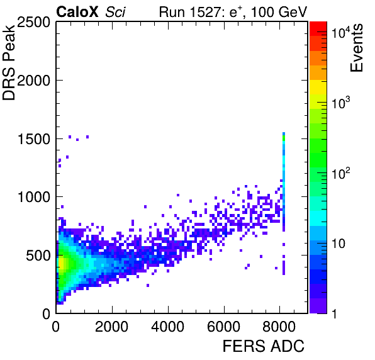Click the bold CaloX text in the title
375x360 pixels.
[77, 12]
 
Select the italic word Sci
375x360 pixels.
[115, 12]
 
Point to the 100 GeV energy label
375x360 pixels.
[279, 12]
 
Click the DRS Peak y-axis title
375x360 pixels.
[9, 62]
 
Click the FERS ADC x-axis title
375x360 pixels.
[264, 346]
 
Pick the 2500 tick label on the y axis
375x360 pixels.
[33, 23]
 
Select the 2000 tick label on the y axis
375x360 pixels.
[33, 81]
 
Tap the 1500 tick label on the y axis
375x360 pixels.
[34, 139]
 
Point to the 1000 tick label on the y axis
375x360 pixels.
[34, 198]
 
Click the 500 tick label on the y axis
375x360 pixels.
[38, 256]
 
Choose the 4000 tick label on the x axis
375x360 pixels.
[168, 327]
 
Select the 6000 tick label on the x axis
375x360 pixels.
[224, 327]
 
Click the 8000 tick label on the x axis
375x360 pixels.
[279, 327]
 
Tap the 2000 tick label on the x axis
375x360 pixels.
[112, 327]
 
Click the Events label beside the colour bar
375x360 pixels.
[357, 48]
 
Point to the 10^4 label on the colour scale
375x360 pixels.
[341, 33]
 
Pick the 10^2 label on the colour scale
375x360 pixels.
[341, 173]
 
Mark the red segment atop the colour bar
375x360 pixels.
[318, 29]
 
